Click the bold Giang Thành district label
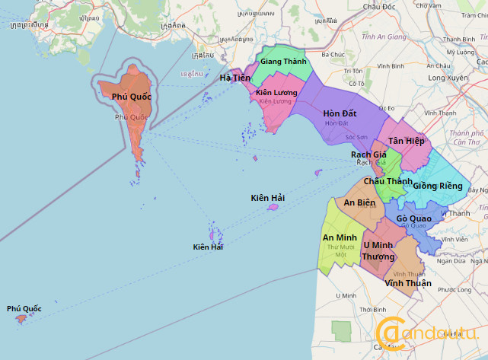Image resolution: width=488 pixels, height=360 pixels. [283, 61]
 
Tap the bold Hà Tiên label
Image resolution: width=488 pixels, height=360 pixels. [234, 78]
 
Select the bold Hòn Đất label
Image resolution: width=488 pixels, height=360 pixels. [340, 113]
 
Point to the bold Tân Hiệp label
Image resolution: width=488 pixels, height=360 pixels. [406, 141]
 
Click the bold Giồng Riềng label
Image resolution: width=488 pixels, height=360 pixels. [438, 186]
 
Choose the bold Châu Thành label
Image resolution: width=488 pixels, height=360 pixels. [388, 181]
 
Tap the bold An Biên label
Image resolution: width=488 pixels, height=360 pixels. [359, 202]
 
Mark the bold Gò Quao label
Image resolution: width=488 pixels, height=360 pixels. [414, 218]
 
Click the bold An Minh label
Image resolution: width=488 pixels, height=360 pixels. [340, 237]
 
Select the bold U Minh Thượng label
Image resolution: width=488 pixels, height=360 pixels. [378, 250]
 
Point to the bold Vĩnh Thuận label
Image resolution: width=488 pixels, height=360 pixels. [408, 283]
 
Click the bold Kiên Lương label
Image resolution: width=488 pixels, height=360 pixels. [276, 93]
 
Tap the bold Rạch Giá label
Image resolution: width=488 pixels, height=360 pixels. [368, 155]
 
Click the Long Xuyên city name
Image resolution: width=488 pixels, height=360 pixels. [447, 78]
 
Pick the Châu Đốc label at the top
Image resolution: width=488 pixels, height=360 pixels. [381, 6]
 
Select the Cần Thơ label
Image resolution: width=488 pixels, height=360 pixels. [465, 141]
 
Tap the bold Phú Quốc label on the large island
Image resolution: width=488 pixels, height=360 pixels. [132, 97]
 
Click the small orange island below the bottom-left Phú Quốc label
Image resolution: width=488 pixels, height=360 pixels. [21, 318]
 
